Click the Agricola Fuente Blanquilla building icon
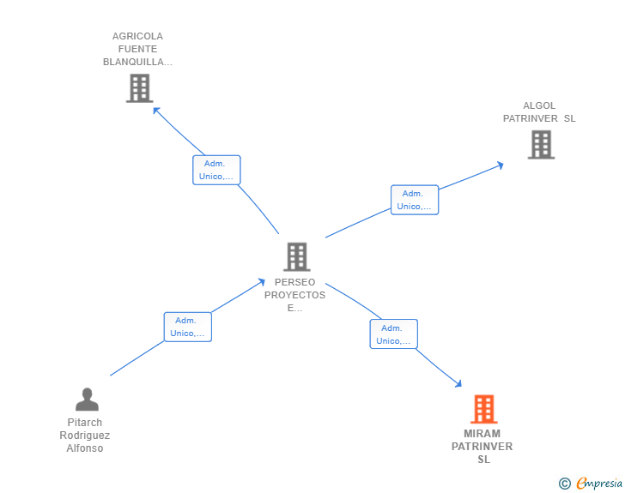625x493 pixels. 139,88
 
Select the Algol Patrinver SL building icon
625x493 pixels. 541,145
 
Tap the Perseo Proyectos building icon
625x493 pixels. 296,256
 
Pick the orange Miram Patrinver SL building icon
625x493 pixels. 483,409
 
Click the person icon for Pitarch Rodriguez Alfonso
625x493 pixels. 87,400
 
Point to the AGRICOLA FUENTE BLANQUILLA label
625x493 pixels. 137,49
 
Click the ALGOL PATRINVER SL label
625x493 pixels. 539,112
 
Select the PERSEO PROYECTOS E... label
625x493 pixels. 295,295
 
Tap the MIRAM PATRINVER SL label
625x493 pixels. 482,447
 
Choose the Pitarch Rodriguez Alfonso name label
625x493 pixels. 85,436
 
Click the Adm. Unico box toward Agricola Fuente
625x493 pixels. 216,170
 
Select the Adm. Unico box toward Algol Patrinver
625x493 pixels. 415,200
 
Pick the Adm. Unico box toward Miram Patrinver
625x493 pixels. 393,334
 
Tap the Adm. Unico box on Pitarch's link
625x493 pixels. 187,327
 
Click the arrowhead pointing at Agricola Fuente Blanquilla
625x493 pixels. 156,109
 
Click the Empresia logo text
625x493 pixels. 599,484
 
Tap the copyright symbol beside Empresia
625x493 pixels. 565,484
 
